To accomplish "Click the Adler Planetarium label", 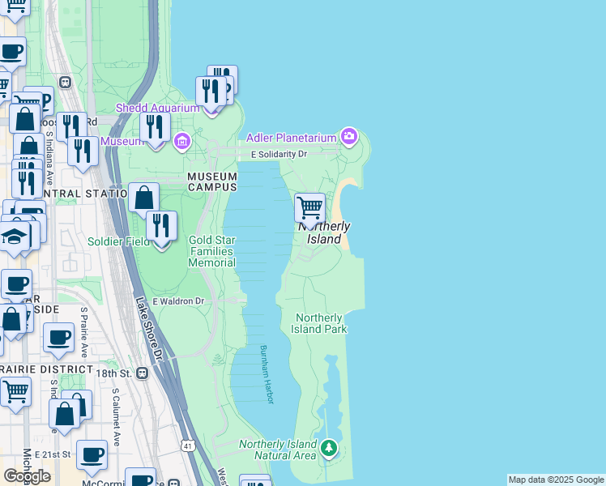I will pos(291,138).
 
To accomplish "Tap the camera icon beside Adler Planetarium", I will pos(349,134).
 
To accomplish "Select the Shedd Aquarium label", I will pos(158,108).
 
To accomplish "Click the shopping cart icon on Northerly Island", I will pos(310,208).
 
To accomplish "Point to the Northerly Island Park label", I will pos(321,323).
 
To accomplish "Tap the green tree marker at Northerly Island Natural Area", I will pos(328,447).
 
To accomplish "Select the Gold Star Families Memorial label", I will pos(211,251).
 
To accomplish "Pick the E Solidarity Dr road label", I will pos(279,154).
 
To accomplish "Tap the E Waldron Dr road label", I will pos(176,301).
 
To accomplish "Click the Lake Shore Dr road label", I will pos(149,328).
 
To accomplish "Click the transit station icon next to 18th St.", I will pos(143,373).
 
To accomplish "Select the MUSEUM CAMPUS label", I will pos(212,181).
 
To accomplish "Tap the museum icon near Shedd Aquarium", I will pos(181,143).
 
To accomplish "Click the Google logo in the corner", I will pos(27,475).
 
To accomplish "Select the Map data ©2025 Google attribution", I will pos(556,480).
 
